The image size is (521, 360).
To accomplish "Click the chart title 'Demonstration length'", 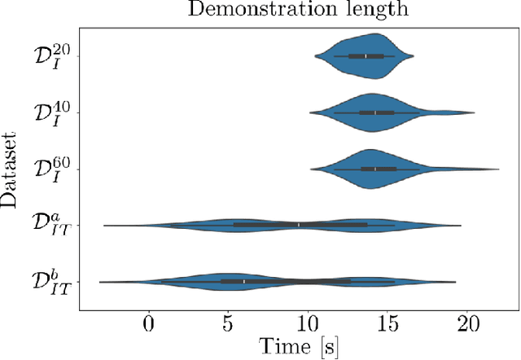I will click(x=296, y=10).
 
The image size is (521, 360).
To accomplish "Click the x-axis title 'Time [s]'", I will click(x=298, y=345).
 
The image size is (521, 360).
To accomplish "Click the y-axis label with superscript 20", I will click(x=53, y=56).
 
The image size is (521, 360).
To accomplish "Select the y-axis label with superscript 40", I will click(x=53, y=112).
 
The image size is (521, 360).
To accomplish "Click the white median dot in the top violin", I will click(x=366, y=56).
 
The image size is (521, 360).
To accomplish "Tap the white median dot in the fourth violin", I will click(x=299, y=225).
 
